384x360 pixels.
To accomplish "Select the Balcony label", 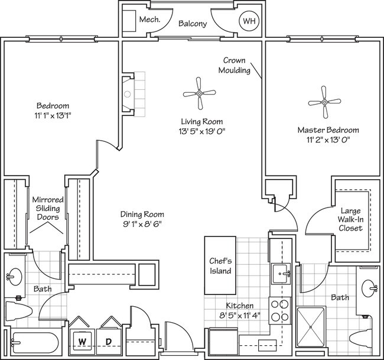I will point(193,24).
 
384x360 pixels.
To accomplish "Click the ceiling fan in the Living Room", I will point(199,93).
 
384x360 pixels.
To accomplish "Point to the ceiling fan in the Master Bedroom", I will point(324,102).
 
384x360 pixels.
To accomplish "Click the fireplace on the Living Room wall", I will point(128,94).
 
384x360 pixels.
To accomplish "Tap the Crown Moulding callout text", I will point(239,65).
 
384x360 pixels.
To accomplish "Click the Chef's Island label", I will point(220,265).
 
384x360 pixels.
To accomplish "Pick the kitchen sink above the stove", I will point(279,274).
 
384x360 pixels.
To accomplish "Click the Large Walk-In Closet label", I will point(350,219).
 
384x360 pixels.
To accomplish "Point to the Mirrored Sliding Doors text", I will point(47,209).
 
